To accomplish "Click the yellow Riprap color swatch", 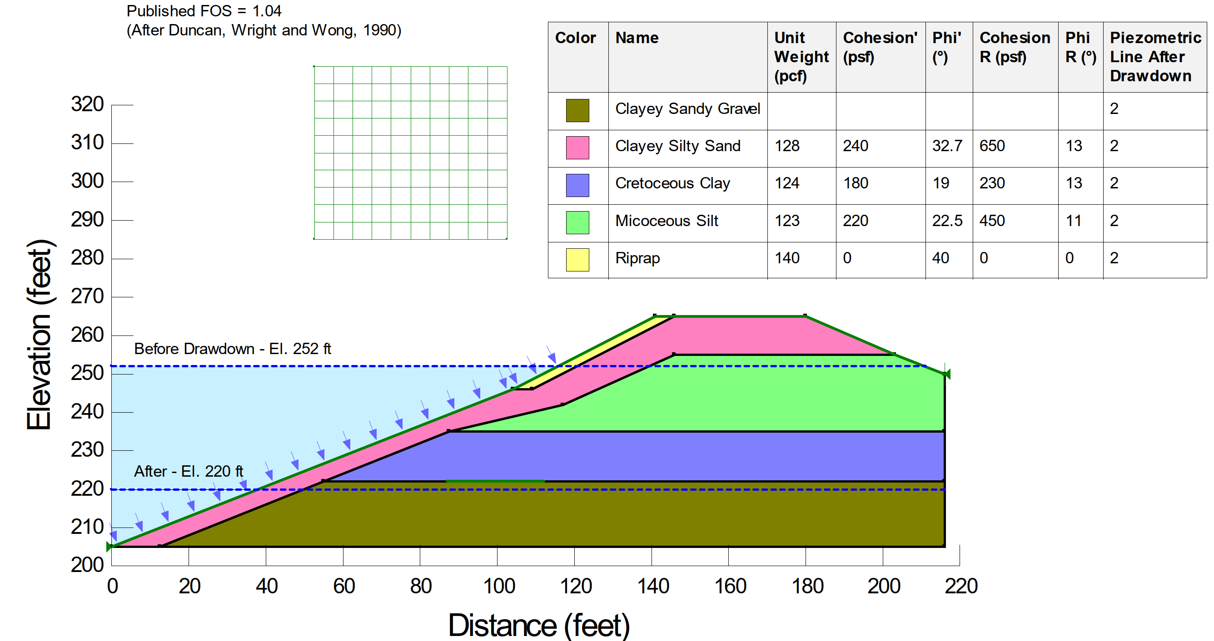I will tap(577, 260).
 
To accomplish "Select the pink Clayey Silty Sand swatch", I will tap(577, 148).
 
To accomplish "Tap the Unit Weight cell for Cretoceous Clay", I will tap(786, 183).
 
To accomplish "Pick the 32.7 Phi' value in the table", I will tap(947, 146).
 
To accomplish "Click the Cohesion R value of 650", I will tap(991, 146).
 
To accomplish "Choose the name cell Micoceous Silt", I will tap(666, 221).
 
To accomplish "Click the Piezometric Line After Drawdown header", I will tap(1154, 56).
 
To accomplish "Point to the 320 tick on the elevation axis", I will tap(87, 104).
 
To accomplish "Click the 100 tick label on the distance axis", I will tap(498, 587).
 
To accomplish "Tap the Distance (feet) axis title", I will tap(538, 626).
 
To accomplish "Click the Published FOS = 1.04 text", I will tap(204, 11).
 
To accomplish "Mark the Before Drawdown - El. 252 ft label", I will tap(232, 349).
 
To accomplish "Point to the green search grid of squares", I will tap(410, 153).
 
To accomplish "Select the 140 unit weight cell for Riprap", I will tap(786, 258).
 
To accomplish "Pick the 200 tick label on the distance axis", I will tap(884, 587).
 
